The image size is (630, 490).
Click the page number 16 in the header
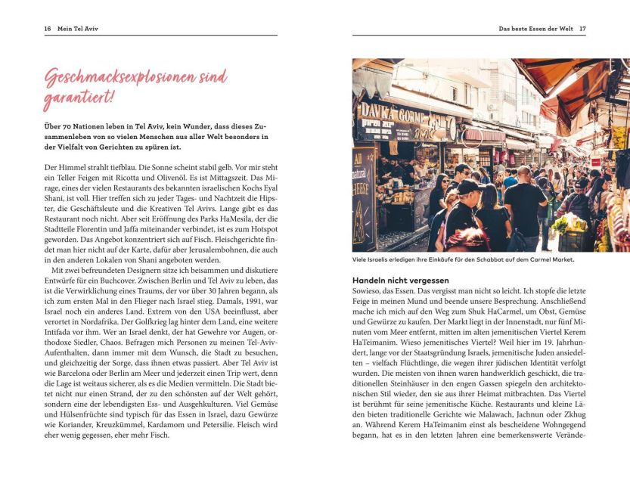click(x=47, y=29)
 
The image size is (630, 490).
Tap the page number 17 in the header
click(x=582, y=29)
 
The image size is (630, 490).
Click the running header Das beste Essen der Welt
click(x=535, y=29)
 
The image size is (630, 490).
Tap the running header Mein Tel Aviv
click(x=78, y=29)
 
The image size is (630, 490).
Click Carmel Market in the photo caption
click(x=552, y=259)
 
